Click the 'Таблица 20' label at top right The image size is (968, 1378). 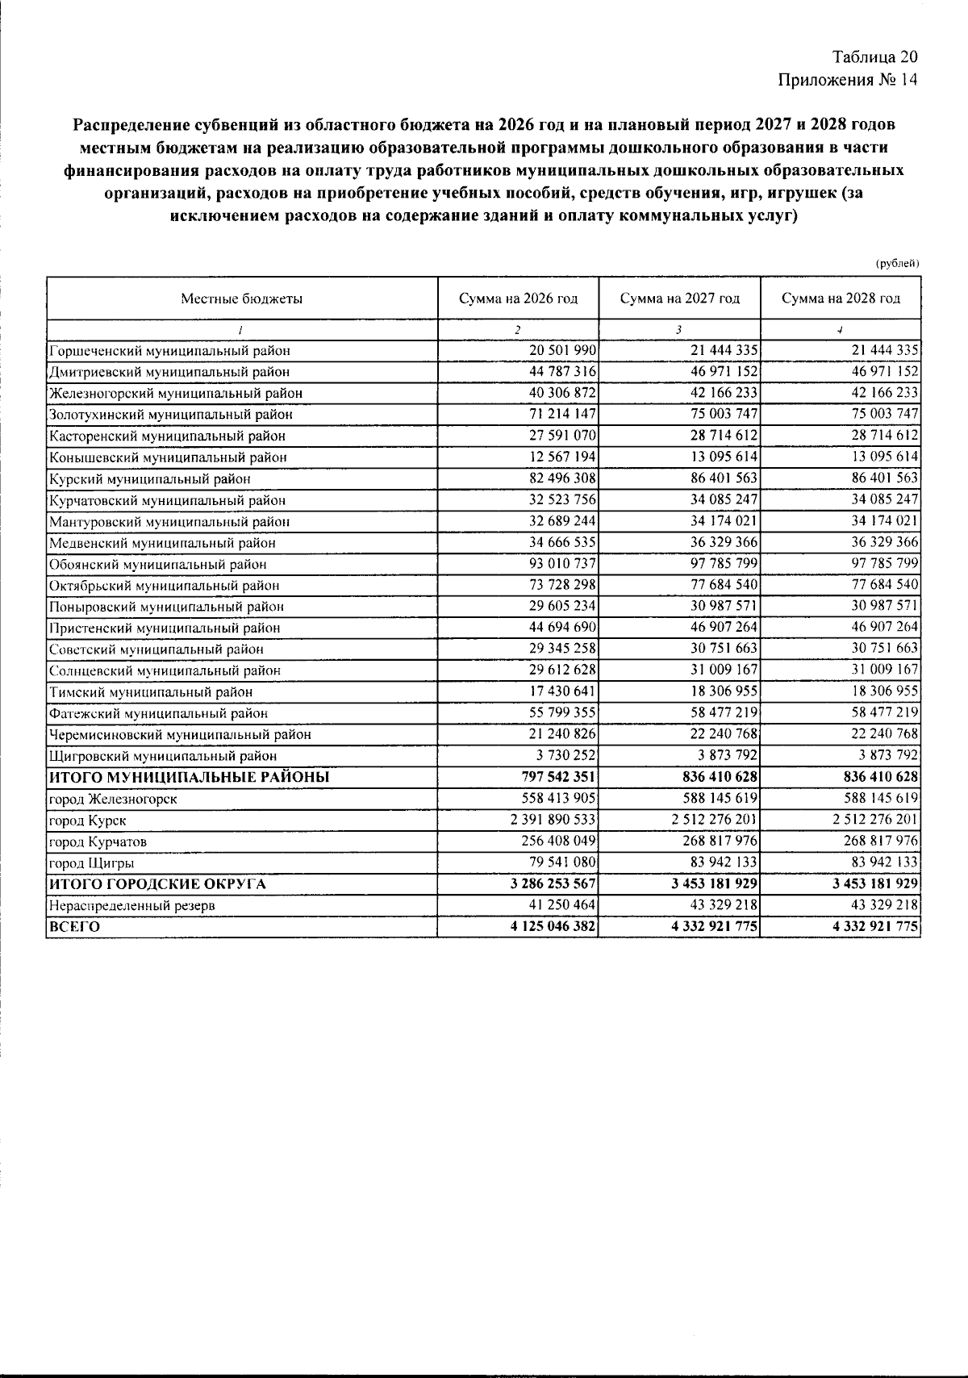tap(875, 57)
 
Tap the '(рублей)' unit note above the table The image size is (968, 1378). tap(897, 263)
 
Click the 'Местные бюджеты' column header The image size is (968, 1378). tap(241, 299)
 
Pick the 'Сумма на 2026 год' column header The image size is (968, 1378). tap(518, 299)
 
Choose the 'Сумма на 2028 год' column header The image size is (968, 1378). tap(841, 299)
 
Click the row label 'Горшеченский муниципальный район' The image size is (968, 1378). tap(169, 351)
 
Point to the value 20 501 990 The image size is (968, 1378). tap(562, 350)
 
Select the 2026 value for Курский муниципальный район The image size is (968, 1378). tap(562, 478)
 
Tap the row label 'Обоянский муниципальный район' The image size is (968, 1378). tap(157, 564)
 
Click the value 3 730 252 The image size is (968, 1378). tap(565, 755)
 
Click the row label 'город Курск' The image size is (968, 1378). tap(87, 821)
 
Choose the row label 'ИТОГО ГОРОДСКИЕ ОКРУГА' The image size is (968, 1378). tap(157, 884)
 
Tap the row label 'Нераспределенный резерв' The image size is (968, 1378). tap(131, 905)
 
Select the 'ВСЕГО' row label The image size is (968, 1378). tap(74, 927)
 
